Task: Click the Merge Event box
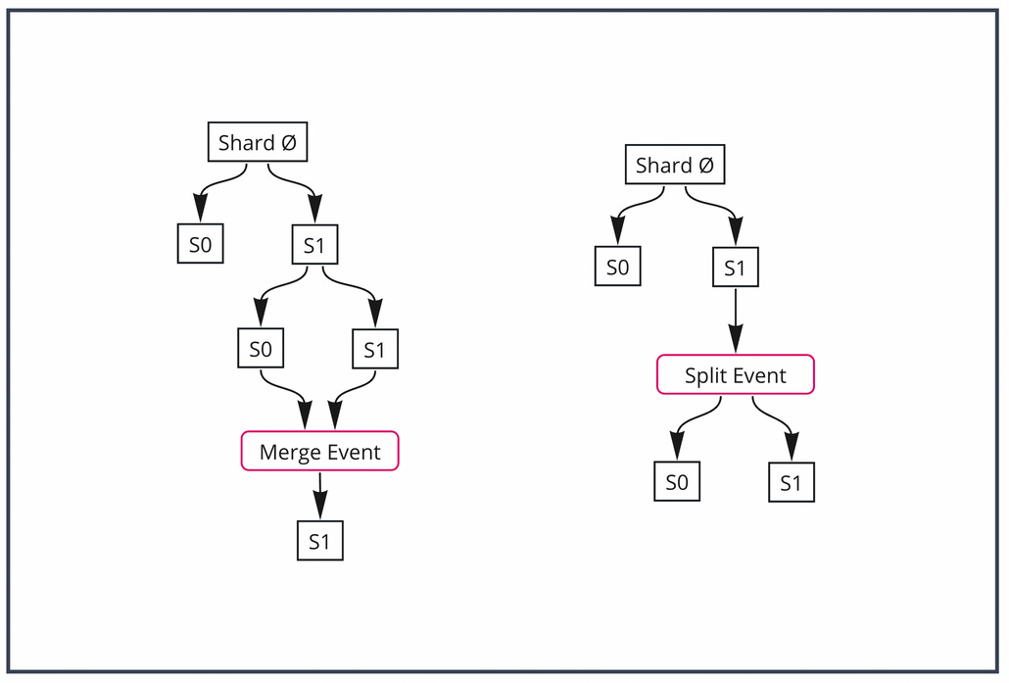319,452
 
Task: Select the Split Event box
735,375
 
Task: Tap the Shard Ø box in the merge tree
258,143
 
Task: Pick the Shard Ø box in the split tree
675,165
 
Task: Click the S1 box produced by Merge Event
320,541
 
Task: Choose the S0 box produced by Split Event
677,482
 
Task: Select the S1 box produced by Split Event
791,483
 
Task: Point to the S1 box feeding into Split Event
735,268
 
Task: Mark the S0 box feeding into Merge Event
261,349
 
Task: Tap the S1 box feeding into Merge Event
375,350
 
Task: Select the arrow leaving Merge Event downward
320,495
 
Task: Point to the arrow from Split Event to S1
780,422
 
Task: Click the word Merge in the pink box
289,452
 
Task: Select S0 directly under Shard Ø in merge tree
200,245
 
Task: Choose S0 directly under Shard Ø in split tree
618,268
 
